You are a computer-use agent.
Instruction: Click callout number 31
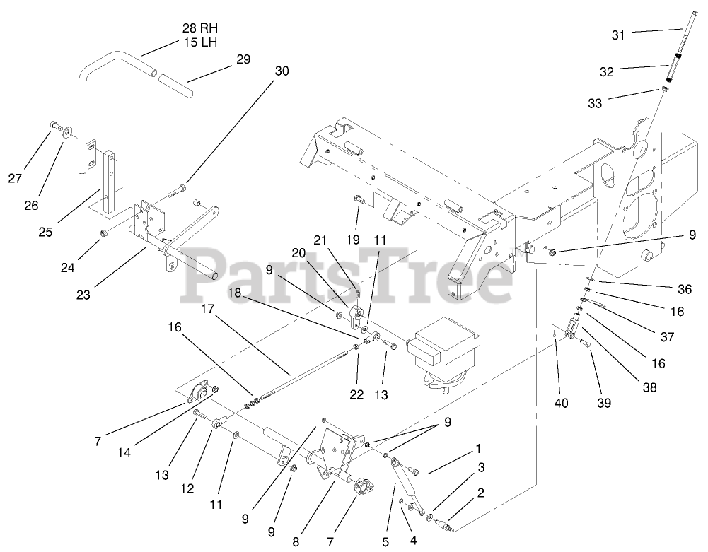618,35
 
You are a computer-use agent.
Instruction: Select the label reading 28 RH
200,29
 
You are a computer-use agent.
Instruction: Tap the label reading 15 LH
199,42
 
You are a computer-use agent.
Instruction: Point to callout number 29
243,60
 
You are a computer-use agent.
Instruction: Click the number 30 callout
282,71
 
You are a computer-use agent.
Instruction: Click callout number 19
352,239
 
